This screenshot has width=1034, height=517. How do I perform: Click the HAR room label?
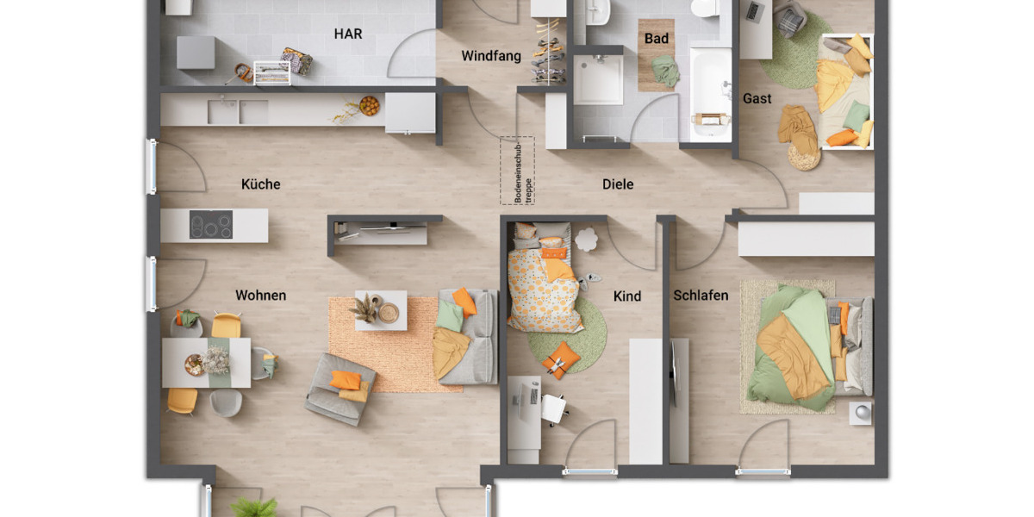(x=348, y=34)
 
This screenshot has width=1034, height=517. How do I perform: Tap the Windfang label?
(x=491, y=56)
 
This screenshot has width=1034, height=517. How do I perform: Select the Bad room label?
(x=657, y=39)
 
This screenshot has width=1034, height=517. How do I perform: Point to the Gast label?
(x=757, y=99)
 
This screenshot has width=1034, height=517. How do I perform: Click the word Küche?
(x=261, y=184)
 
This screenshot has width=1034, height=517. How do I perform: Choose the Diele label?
(x=618, y=184)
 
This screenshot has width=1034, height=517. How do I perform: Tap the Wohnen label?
(x=261, y=296)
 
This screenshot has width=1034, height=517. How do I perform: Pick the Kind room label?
(x=627, y=296)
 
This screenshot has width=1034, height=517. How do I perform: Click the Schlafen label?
(x=701, y=296)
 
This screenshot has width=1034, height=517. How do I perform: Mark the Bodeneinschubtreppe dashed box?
(x=517, y=171)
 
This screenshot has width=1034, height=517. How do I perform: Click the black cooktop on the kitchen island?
(x=211, y=225)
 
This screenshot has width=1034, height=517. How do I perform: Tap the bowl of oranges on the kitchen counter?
(x=369, y=106)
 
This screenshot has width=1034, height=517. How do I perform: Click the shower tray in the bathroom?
(x=598, y=81)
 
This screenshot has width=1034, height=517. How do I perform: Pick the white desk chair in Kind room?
(x=553, y=407)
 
